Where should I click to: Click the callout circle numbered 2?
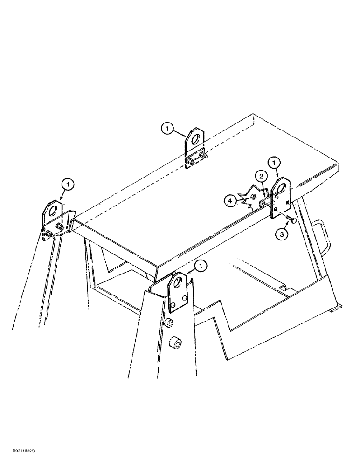tap(261, 177)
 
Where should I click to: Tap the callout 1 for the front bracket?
tap(201, 266)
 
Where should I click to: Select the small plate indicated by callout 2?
tap(265, 203)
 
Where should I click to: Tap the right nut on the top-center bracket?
tap(202, 154)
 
